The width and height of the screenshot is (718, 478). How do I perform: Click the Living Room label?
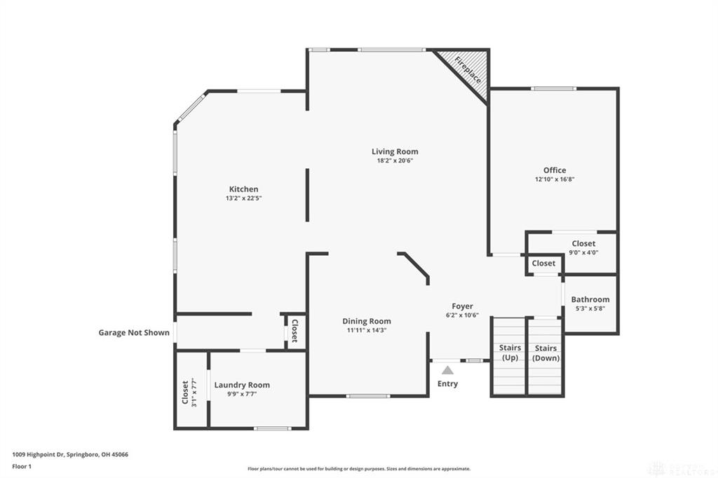click(395, 151)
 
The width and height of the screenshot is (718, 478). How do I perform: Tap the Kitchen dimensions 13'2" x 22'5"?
click(243, 198)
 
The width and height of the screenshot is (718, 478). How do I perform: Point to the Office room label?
click(555, 170)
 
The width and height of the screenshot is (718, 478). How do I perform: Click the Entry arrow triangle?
click(447, 370)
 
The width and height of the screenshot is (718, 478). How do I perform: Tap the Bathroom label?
click(590, 299)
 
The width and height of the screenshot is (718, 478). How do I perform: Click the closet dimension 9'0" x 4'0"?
click(583, 252)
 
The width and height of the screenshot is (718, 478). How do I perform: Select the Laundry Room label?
click(242, 385)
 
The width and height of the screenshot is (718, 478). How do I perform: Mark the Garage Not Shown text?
click(134, 333)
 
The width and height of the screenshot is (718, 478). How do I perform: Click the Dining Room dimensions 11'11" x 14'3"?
click(367, 330)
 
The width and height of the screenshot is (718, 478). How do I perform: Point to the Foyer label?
click(462, 306)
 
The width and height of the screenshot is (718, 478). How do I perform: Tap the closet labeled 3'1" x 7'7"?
click(190, 392)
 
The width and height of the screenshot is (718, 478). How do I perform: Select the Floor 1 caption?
click(21, 466)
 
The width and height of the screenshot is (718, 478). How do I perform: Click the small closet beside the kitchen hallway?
click(295, 331)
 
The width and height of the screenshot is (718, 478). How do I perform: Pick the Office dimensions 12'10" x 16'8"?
click(555, 179)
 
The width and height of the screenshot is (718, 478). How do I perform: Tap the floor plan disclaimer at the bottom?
click(359, 469)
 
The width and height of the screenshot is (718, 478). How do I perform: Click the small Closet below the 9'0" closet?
click(543, 264)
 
